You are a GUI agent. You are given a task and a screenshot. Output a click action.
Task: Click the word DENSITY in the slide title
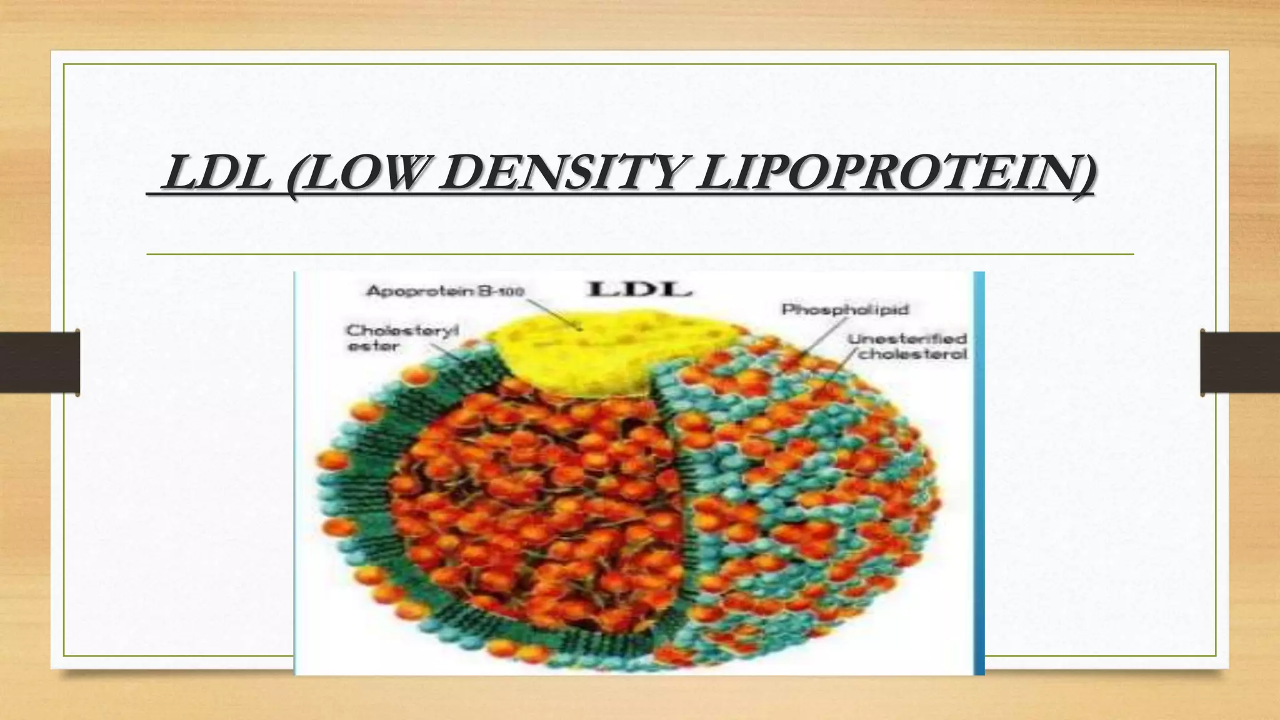point(553,174)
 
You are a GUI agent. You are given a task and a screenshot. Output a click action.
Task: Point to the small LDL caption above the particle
point(639,290)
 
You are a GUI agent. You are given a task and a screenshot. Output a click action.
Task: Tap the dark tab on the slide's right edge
point(1240,362)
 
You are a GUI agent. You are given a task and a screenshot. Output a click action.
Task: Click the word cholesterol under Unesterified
point(912,354)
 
